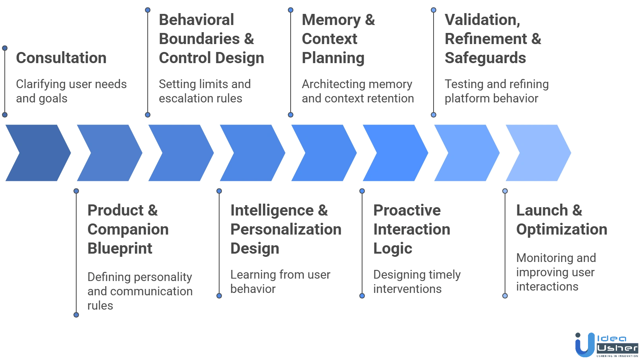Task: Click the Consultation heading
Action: coord(62,58)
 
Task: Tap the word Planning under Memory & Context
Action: coord(333,58)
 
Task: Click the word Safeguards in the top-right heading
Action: coord(485,58)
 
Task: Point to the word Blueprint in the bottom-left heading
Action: coord(119,248)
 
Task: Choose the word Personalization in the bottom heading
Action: coord(285,229)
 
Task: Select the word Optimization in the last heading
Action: coord(561,229)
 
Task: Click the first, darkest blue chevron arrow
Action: coord(38,153)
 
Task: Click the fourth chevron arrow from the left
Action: coord(251,153)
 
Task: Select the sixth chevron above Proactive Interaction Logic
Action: coord(394,153)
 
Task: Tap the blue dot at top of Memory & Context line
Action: coord(291,10)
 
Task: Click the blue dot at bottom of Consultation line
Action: coord(5,115)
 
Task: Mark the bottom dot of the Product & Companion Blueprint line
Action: coord(76,315)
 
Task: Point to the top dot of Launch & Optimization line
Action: coord(505,191)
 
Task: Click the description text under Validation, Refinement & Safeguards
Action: coord(496,91)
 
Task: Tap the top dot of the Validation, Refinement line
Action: coord(434,10)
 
